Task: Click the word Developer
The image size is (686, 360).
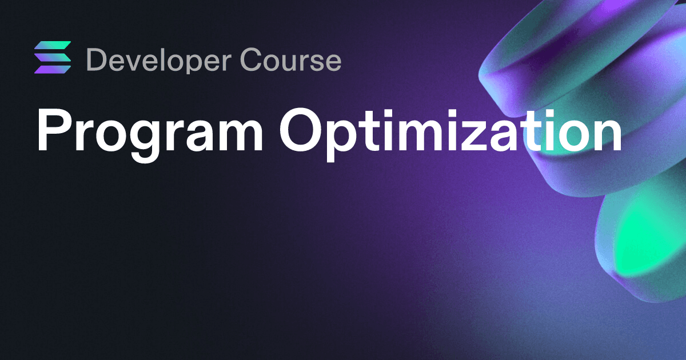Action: tap(159, 61)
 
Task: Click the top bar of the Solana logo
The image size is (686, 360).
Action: tap(53, 45)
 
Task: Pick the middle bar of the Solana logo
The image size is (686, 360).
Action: tap(53, 57)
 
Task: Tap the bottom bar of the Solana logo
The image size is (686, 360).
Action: tap(53, 70)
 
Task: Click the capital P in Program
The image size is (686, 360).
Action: tap(52, 130)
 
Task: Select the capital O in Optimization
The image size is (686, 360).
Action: tap(301, 130)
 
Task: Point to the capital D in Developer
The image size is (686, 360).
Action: tap(97, 59)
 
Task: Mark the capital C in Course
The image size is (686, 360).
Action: tap(252, 59)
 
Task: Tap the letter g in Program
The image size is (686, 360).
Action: tap(145, 141)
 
